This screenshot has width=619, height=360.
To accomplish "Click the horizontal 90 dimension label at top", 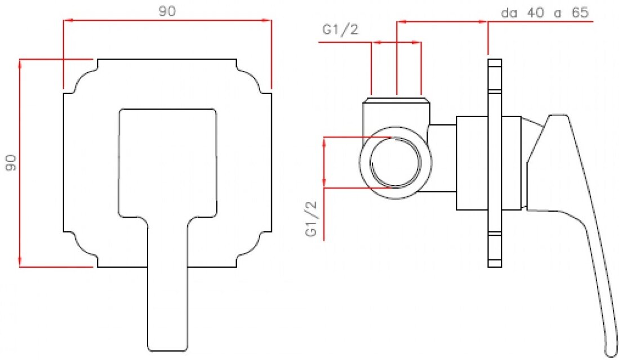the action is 167,12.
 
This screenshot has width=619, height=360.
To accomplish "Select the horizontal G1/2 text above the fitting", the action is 340,30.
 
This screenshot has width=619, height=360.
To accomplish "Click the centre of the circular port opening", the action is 396,163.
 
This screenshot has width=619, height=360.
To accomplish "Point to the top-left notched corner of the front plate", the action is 82,76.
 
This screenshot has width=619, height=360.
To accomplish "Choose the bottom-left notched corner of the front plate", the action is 82,249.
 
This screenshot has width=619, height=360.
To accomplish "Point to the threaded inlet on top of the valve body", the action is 396,103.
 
